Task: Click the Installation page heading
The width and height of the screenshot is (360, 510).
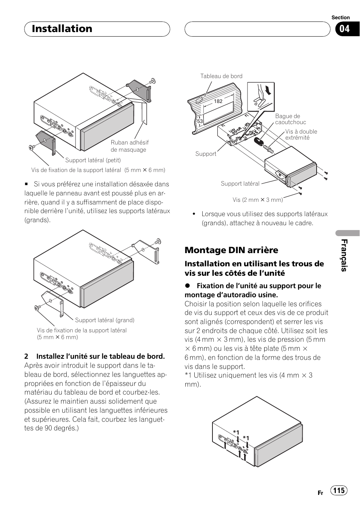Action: (62, 29)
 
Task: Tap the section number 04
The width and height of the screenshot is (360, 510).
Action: (345, 29)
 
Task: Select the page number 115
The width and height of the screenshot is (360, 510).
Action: (339, 490)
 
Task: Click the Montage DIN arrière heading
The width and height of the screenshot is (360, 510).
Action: (231, 250)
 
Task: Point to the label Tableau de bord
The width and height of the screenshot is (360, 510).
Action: (221, 76)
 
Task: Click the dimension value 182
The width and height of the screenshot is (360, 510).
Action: (218, 101)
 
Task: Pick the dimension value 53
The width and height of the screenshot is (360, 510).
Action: (200, 121)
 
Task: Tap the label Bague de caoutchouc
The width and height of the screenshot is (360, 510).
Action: (290, 119)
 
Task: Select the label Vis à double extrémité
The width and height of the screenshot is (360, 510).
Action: (301, 135)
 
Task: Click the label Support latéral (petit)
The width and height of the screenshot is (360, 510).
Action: (93, 160)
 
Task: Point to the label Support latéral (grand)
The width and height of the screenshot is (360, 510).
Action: (105, 320)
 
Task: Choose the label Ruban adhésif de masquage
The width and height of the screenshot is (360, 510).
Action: (129, 146)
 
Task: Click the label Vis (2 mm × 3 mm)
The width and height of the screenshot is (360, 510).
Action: (257, 200)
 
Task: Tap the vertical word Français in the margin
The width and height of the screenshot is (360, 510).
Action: (344, 255)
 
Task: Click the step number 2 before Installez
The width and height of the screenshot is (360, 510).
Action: (26, 356)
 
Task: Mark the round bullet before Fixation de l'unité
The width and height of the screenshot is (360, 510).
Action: (187, 286)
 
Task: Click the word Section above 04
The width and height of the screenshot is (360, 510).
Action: (340, 18)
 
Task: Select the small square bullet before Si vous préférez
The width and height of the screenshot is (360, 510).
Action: (26, 184)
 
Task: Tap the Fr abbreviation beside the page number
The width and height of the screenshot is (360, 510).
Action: (320, 493)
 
